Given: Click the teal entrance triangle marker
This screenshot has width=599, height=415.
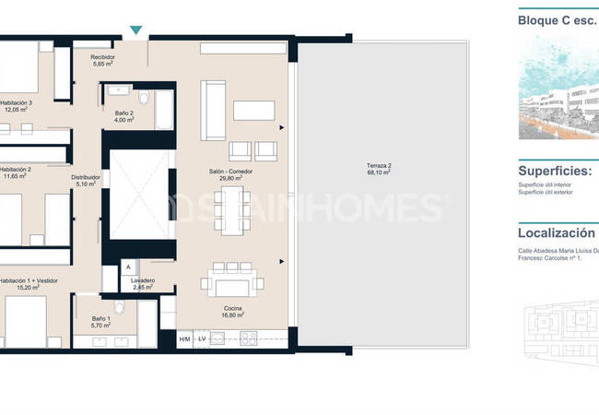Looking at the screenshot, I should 136,31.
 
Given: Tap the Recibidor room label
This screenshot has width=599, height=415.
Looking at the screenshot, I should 102,57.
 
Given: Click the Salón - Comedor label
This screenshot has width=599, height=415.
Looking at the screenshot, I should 230,172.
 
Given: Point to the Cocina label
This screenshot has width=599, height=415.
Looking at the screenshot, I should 232,307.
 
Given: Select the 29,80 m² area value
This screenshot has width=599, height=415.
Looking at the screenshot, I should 230,180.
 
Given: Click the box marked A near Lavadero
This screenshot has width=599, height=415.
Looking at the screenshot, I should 128,268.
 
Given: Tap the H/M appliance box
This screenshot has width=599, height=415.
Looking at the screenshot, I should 183,339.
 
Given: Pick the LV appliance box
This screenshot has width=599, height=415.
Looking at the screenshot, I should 201,339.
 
